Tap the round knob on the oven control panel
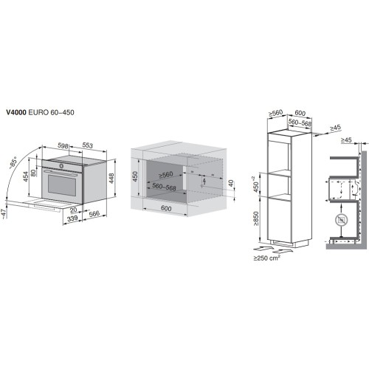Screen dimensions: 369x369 pyautogui.click(x=63, y=167)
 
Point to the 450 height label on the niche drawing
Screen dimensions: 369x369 pyautogui.click(x=135, y=178)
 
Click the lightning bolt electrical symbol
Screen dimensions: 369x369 pyautogui.click(x=204, y=178)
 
